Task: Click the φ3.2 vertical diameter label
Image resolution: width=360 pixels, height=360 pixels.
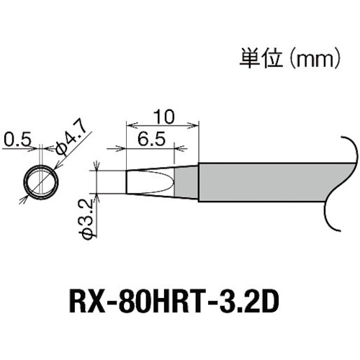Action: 85,222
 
